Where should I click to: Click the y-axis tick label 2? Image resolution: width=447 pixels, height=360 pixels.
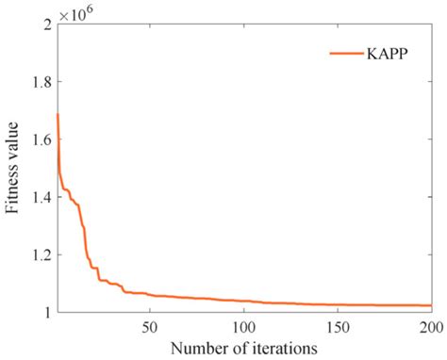pyautogui.click(x=45, y=24)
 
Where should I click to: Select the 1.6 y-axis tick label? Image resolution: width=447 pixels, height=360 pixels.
pyautogui.click(x=39, y=139)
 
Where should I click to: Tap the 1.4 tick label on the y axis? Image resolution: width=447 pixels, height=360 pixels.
pyautogui.click(x=39, y=197)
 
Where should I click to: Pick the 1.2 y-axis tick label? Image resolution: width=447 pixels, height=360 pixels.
pyautogui.click(x=39, y=254)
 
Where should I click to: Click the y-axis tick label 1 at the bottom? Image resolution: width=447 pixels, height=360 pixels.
pyautogui.click(x=46, y=312)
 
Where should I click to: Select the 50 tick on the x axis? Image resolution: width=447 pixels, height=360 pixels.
pyautogui.click(x=149, y=327)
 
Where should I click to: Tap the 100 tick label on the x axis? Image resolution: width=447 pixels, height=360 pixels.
pyautogui.click(x=242, y=327)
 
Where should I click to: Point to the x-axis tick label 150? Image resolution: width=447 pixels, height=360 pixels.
pyautogui.click(x=337, y=327)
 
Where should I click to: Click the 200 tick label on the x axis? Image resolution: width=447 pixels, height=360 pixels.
pyautogui.click(x=429, y=327)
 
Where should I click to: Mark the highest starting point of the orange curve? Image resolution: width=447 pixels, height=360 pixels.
pyautogui.click(x=58, y=114)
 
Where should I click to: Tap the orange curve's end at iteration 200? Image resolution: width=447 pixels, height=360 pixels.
pyautogui.click(x=430, y=305)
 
